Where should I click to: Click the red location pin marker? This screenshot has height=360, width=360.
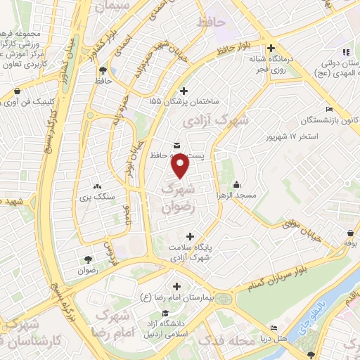click(x=181, y=166)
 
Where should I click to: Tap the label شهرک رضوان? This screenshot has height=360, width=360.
click(x=176, y=198)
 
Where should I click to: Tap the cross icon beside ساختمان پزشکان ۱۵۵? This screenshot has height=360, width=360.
click(x=184, y=90)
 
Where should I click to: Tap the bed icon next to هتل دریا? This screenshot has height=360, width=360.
click(x=274, y=328)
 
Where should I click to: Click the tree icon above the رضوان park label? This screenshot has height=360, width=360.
click(x=87, y=257)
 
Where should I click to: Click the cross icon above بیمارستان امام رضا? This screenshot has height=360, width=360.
click(x=176, y=286)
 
